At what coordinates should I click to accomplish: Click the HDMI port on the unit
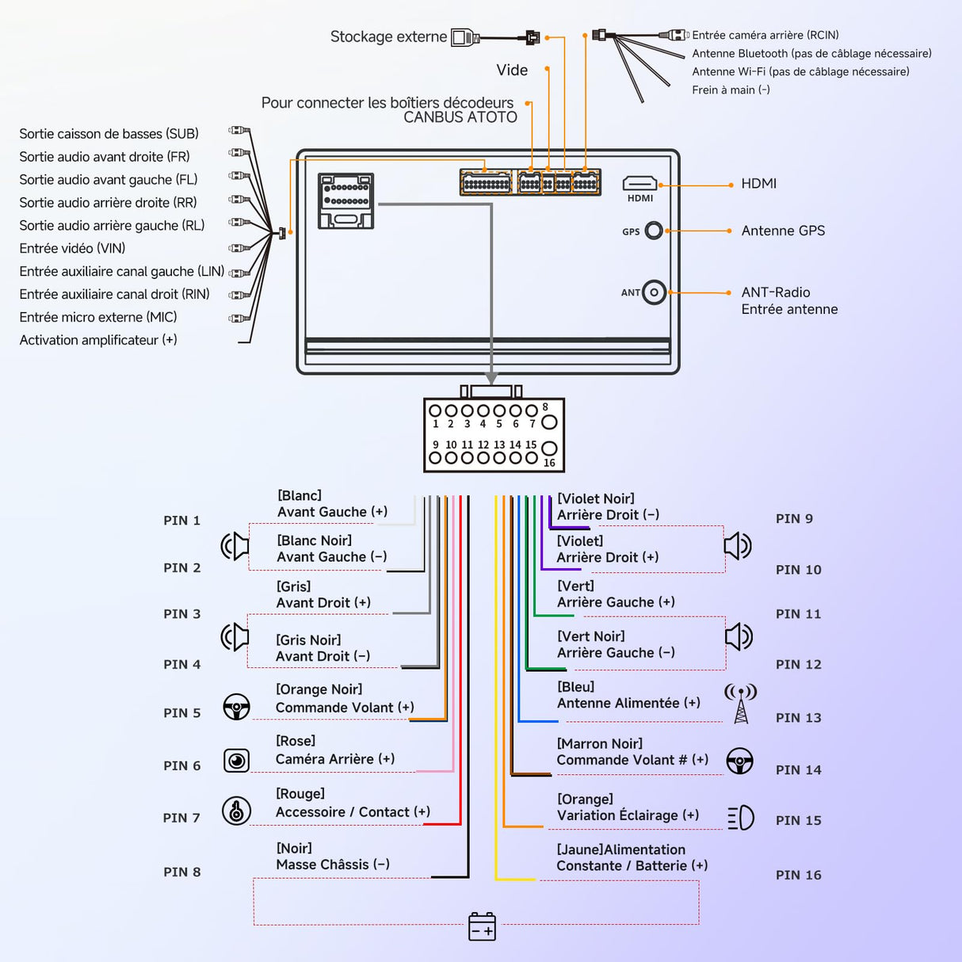point(640,184)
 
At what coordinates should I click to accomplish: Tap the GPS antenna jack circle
point(654,231)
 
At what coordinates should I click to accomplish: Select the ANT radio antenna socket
point(654,292)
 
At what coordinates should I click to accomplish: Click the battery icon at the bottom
point(482,926)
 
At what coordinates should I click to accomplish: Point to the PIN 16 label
point(798,875)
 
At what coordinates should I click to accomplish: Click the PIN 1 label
point(181,521)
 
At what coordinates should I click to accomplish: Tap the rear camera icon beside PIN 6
point(236,761)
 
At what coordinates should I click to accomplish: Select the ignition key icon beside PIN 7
point(236,811)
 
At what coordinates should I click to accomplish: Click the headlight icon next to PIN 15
point(741,818)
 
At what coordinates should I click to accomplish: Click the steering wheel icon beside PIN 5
point(236,707)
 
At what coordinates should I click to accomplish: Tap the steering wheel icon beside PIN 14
point(740,761)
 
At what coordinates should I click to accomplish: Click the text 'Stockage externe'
point(388,36)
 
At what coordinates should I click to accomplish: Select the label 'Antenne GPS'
point(783,231)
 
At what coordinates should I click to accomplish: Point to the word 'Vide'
point(512,71)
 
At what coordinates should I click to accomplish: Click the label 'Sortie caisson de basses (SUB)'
point(109,134)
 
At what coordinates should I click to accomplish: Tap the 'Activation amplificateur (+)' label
point(98,340)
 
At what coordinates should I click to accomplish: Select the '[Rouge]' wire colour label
point(300,794)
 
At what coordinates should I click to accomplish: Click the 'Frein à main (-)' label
point(731,90)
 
